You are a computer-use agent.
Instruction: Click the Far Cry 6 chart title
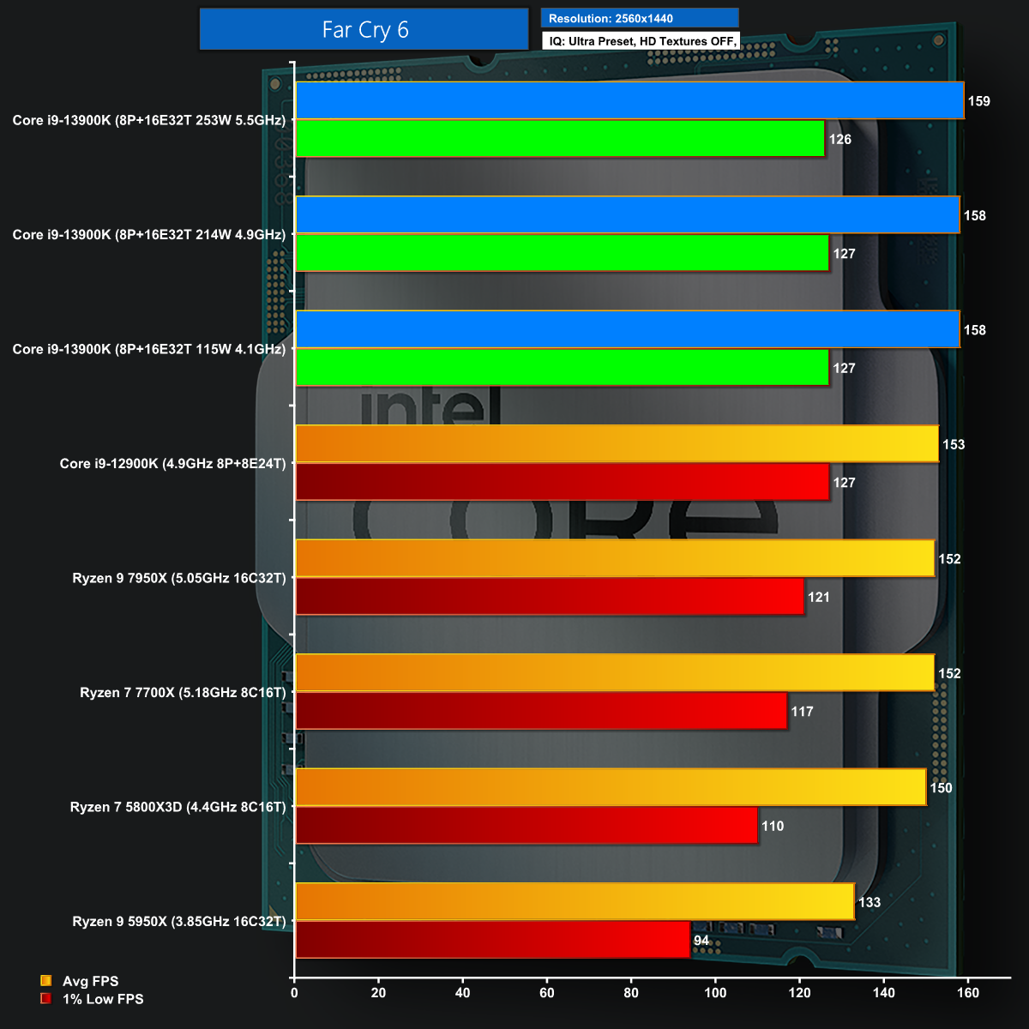[x=364, y=30]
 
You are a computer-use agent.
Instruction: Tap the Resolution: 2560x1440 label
[x=611, y=18]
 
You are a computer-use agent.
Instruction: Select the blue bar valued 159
[x=629, y=100]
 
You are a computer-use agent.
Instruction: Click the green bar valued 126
[x=560, y=139]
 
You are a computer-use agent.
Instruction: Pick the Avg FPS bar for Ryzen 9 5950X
[x=575, y=901]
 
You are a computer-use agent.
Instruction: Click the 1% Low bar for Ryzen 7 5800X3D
[x=527, y=825]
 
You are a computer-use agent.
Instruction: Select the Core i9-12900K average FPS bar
[x=617, y=444]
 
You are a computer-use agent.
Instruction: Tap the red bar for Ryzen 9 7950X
[x=550, y=596]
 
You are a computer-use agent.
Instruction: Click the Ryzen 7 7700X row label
[x=183, y=692]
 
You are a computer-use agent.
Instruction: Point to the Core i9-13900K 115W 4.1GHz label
[x=149, y=349]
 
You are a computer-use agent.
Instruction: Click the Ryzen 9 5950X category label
[x=179, y=921]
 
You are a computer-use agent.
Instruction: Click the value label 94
[x=701, y=941]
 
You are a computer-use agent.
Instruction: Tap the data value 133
[x=870, y=902]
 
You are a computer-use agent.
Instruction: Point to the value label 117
[x=803, y=712]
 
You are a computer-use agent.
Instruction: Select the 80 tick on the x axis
[x=631, y=993]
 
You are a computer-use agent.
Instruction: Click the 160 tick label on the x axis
[x=968, y=993]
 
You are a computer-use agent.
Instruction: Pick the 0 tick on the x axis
[x=295, y=993]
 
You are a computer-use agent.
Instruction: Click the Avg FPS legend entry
[x=90, y=981]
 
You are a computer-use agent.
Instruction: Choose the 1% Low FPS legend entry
[x=102, y=999]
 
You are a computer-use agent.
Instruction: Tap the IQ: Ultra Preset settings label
[x=641, y=41]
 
